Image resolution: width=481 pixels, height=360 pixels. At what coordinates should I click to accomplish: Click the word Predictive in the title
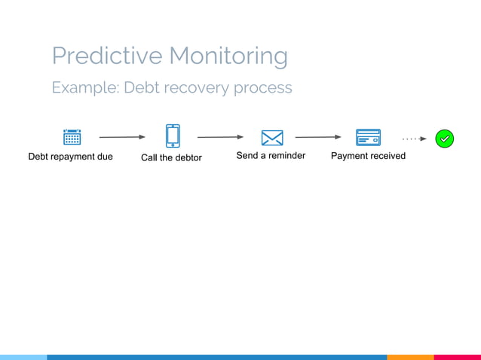107,56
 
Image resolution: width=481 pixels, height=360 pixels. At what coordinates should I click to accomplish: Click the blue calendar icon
72,137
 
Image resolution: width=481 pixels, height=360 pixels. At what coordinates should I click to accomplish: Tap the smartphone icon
173,136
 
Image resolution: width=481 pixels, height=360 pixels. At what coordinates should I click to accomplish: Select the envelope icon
271,138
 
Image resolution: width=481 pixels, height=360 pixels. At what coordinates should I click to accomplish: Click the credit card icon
368,138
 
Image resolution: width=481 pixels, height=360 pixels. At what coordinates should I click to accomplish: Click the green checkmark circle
445,139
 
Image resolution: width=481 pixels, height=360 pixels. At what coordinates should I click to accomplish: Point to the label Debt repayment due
71,157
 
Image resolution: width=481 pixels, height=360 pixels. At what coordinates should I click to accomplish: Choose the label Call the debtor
171,157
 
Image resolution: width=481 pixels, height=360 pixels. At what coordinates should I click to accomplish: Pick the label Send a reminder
271,156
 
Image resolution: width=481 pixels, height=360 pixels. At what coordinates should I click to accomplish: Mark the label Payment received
368,156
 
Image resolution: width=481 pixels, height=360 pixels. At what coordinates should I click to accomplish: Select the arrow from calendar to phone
121,138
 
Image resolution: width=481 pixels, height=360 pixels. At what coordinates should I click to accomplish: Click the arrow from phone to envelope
220,138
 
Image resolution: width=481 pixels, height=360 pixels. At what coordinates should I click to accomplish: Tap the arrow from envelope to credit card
318,138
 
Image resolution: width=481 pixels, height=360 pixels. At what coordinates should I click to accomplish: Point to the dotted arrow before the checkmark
414,139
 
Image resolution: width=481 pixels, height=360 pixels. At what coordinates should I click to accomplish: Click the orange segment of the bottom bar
410,357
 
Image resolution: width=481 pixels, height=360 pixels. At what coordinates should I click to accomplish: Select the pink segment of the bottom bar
458,357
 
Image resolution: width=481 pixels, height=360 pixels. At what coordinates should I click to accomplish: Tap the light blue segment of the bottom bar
23,357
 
